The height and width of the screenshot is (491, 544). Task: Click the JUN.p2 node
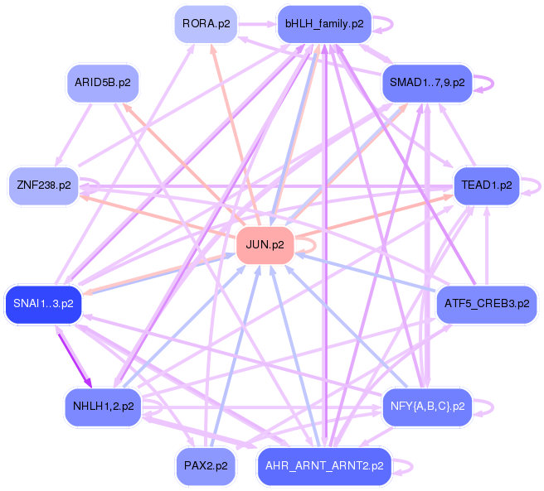(x=265, y=245)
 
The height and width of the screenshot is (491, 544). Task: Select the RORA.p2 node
(x=206, y=24)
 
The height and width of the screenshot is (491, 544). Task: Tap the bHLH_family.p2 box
(x=323, y=24)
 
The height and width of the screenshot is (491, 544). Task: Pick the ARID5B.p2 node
(x=103, y=84)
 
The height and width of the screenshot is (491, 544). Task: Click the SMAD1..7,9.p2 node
(x=426, y=84)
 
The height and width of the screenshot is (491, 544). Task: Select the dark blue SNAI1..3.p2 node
(x=43, y=304)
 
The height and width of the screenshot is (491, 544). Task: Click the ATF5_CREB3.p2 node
(x=486, y=304)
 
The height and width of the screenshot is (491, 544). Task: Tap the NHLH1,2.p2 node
(x=103, y=407)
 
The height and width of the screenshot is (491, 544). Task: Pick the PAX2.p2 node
(x=206, y=466)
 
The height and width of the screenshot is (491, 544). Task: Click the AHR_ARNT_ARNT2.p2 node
(x=323, y=466)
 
